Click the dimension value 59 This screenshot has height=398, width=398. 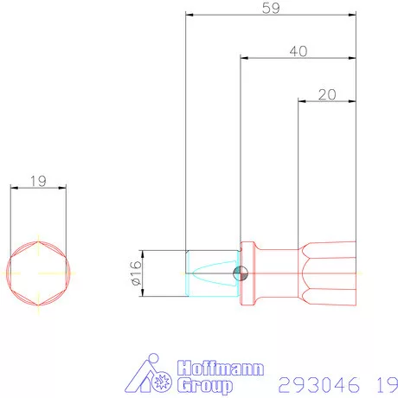pyautogui.click(x=271, y=9)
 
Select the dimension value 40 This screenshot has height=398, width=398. pyautogui.click(x=298, y=52)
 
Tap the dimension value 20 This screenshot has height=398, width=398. pyautogui.click(x=327, y=94)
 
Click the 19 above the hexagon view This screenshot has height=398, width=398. pyautogui.click(x=37, y=182)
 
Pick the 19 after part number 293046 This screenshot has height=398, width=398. pyautogui.click(x=386, y=382)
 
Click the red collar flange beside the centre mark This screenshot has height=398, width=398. pyautogui.click(x=249, y=273)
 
